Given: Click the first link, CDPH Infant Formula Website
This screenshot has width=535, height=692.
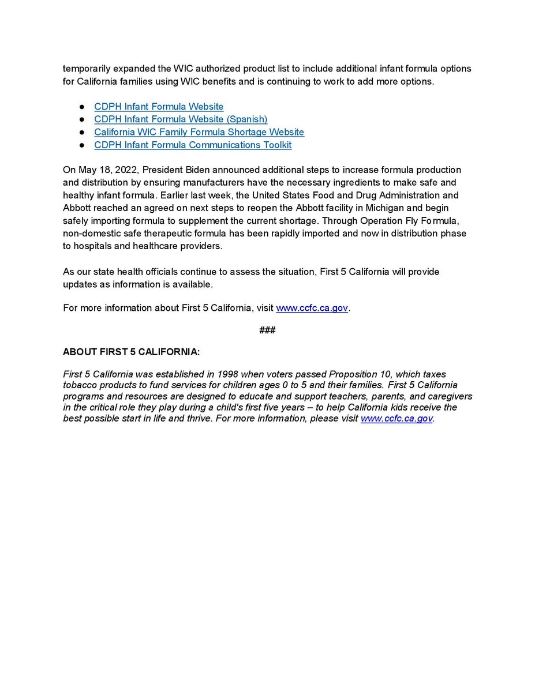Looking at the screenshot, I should [159, 107].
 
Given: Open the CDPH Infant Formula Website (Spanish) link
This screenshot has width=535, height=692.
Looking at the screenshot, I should [181, 119].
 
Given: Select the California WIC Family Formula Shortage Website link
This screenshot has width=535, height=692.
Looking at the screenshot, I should [199, 132].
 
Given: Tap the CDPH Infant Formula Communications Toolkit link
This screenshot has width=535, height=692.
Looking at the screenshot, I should [193, 145].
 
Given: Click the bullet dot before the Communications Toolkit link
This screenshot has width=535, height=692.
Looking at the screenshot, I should [82, 145].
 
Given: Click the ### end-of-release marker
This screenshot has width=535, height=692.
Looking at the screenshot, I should [267, 330].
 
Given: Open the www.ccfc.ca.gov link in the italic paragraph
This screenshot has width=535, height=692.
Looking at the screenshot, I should [396, 419].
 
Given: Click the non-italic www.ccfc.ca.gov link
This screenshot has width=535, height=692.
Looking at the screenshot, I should [312, 308].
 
